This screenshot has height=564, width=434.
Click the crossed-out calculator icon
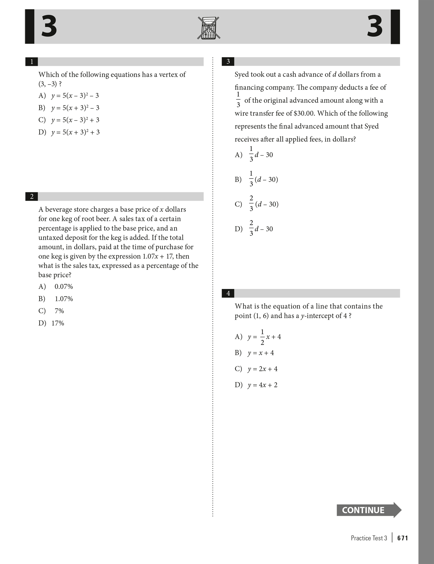click(x=209, y=28)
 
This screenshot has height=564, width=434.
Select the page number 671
click(x=403, y=538)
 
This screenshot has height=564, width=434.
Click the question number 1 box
click(x=32, y=62)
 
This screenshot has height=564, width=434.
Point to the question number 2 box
click(x=32, y=197)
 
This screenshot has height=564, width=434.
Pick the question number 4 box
click(x=228, y=293)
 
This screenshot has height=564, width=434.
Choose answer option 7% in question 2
click(x=59, y=311)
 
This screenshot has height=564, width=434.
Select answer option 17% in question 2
click(x=58, y=323)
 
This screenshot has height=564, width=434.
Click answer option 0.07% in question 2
click(x=64, y=286)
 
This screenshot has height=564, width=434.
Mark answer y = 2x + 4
click(x=263, y=369)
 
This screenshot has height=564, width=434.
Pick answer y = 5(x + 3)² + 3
click(x=75, y=132)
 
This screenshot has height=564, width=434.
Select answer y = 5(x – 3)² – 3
click(x=75, y=95)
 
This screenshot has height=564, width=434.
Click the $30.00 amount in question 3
click(x=304, y=113)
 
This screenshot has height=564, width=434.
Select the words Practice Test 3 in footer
click(x=369, y=538)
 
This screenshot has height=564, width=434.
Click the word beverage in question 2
click(x=58, y=210)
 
